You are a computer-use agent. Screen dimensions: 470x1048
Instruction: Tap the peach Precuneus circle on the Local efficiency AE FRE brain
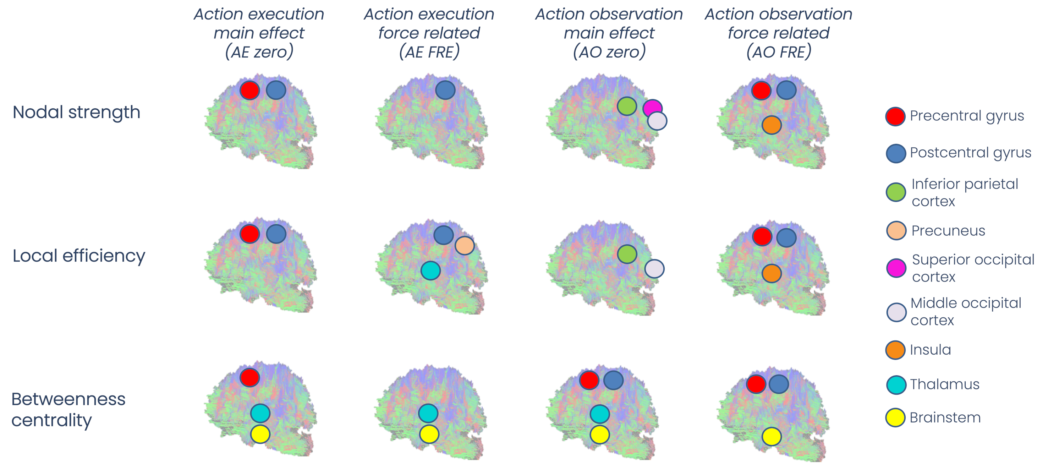click(x=464, y=245)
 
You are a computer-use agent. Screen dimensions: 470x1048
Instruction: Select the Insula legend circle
click(x=895, y=350)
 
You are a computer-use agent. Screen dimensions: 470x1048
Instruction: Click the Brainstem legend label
click(x=945, y=417)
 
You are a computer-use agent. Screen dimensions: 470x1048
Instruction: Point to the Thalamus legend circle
click(x=896, y=384)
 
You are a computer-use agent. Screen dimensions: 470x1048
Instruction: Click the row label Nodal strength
click(x=77, y=112)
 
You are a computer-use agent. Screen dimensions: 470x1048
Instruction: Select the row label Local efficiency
click(x=79, y=256)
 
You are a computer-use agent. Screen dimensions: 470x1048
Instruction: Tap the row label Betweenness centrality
click(x=68, y=409)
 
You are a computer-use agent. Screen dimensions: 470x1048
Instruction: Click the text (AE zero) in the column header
click(x=259, y=52)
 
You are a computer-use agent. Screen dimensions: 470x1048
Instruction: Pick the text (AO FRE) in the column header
click(x=778, y=52)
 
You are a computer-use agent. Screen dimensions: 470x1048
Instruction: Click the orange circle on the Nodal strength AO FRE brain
click(x=771, y=125)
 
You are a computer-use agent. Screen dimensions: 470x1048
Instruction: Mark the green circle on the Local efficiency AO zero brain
click(x=626, y=254)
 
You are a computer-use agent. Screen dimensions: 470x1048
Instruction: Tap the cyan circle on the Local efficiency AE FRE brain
click(x=430, y=270)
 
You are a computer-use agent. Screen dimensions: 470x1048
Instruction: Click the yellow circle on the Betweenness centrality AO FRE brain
click(x=771, y=436)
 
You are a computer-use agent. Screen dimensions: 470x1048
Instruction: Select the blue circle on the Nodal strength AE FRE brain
click(x=445, y=90)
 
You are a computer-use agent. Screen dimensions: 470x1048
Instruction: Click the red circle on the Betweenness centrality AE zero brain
click(x=249, y=377)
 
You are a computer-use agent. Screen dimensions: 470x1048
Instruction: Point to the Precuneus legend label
click(x=948, y=231)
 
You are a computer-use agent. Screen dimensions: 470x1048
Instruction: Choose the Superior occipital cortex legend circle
click(x=896, y=268)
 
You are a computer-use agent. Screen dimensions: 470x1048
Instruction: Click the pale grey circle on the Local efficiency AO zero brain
click(x=654, y=269)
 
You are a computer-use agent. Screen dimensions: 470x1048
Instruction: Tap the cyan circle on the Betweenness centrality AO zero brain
click(x=599, y=414)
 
